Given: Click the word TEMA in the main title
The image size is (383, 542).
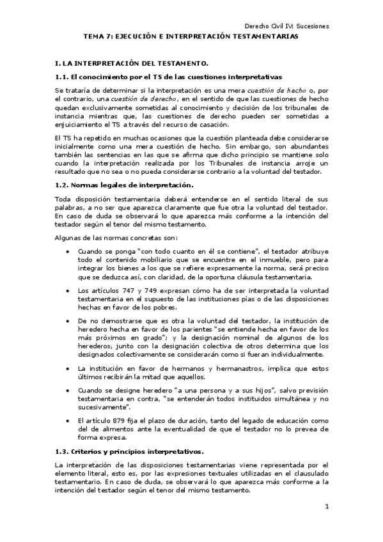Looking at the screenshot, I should (x=95, y=37).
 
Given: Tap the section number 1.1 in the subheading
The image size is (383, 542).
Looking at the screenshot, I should (x=61, y=77).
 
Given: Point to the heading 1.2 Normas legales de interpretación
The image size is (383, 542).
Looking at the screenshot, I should (x=114, y=185).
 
